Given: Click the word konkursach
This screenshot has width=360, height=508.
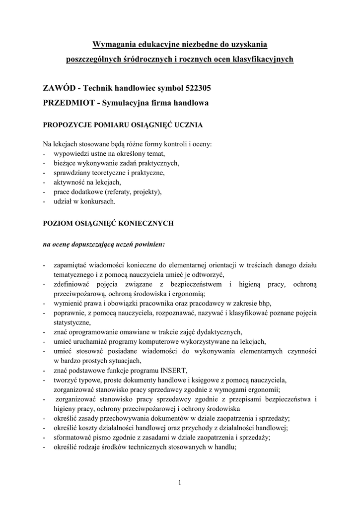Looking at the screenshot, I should [97, 201].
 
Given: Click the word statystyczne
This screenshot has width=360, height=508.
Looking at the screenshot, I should [71, 322].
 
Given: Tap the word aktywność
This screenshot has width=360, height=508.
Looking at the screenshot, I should [69, 183].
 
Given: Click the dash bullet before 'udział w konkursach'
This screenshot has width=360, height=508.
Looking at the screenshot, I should [45, 201].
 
